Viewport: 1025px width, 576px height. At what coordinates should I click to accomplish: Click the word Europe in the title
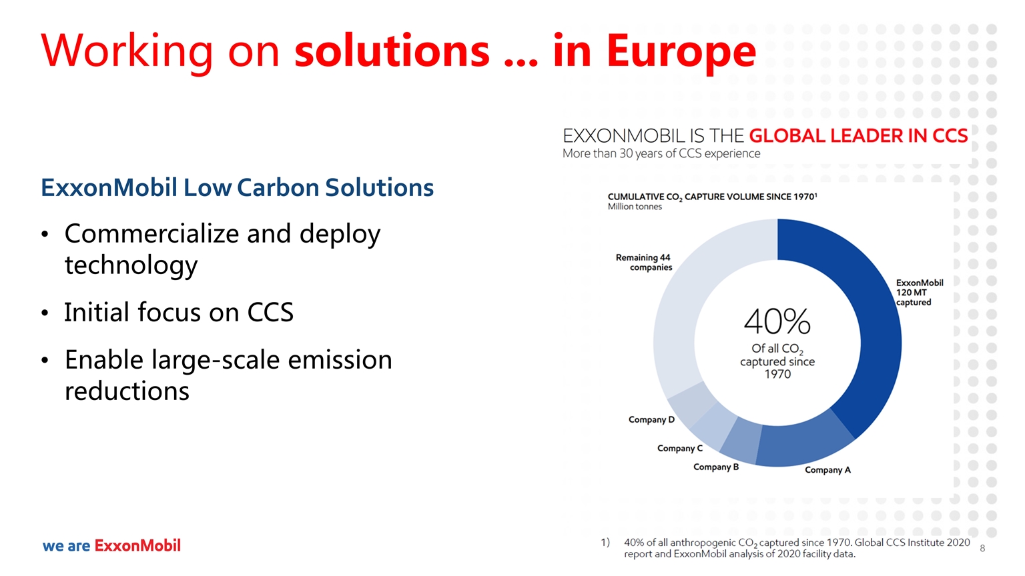[681, 51]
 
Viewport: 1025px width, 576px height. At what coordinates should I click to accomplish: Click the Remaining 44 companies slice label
[644, 263]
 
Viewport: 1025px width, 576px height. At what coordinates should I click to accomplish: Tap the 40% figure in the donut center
[777, 321]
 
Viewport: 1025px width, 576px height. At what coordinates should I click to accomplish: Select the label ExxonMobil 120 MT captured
[920, 293]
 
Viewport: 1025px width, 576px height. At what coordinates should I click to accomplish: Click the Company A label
[827, 470]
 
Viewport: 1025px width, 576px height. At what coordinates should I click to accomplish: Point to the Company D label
[651, 419]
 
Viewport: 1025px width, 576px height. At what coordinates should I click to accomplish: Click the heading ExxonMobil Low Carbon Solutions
[237, 187]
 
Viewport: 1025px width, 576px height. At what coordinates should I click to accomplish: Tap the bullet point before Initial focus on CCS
[45, 313]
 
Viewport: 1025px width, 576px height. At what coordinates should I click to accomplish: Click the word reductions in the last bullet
[127, 391]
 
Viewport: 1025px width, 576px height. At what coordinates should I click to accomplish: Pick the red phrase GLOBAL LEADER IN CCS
[858, 136]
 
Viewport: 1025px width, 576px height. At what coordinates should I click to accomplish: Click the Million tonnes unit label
[635, 207]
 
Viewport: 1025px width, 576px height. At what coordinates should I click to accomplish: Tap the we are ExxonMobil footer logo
[111, 545]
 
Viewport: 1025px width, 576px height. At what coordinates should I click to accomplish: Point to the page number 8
[982, 549]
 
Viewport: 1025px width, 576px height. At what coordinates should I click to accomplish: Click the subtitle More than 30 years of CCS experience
[661, 153]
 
